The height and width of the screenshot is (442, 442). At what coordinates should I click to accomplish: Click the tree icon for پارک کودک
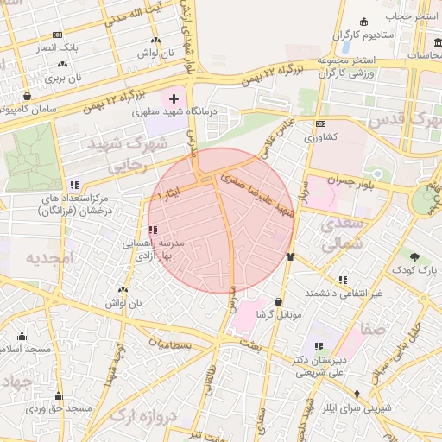pyautogui.click(x=415, y=256)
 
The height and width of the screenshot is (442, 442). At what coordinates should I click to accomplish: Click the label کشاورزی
pyautogui.click(x=322, y=137)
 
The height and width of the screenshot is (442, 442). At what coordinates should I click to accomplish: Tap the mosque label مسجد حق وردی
pyautogui.click(x=57, y=408)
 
